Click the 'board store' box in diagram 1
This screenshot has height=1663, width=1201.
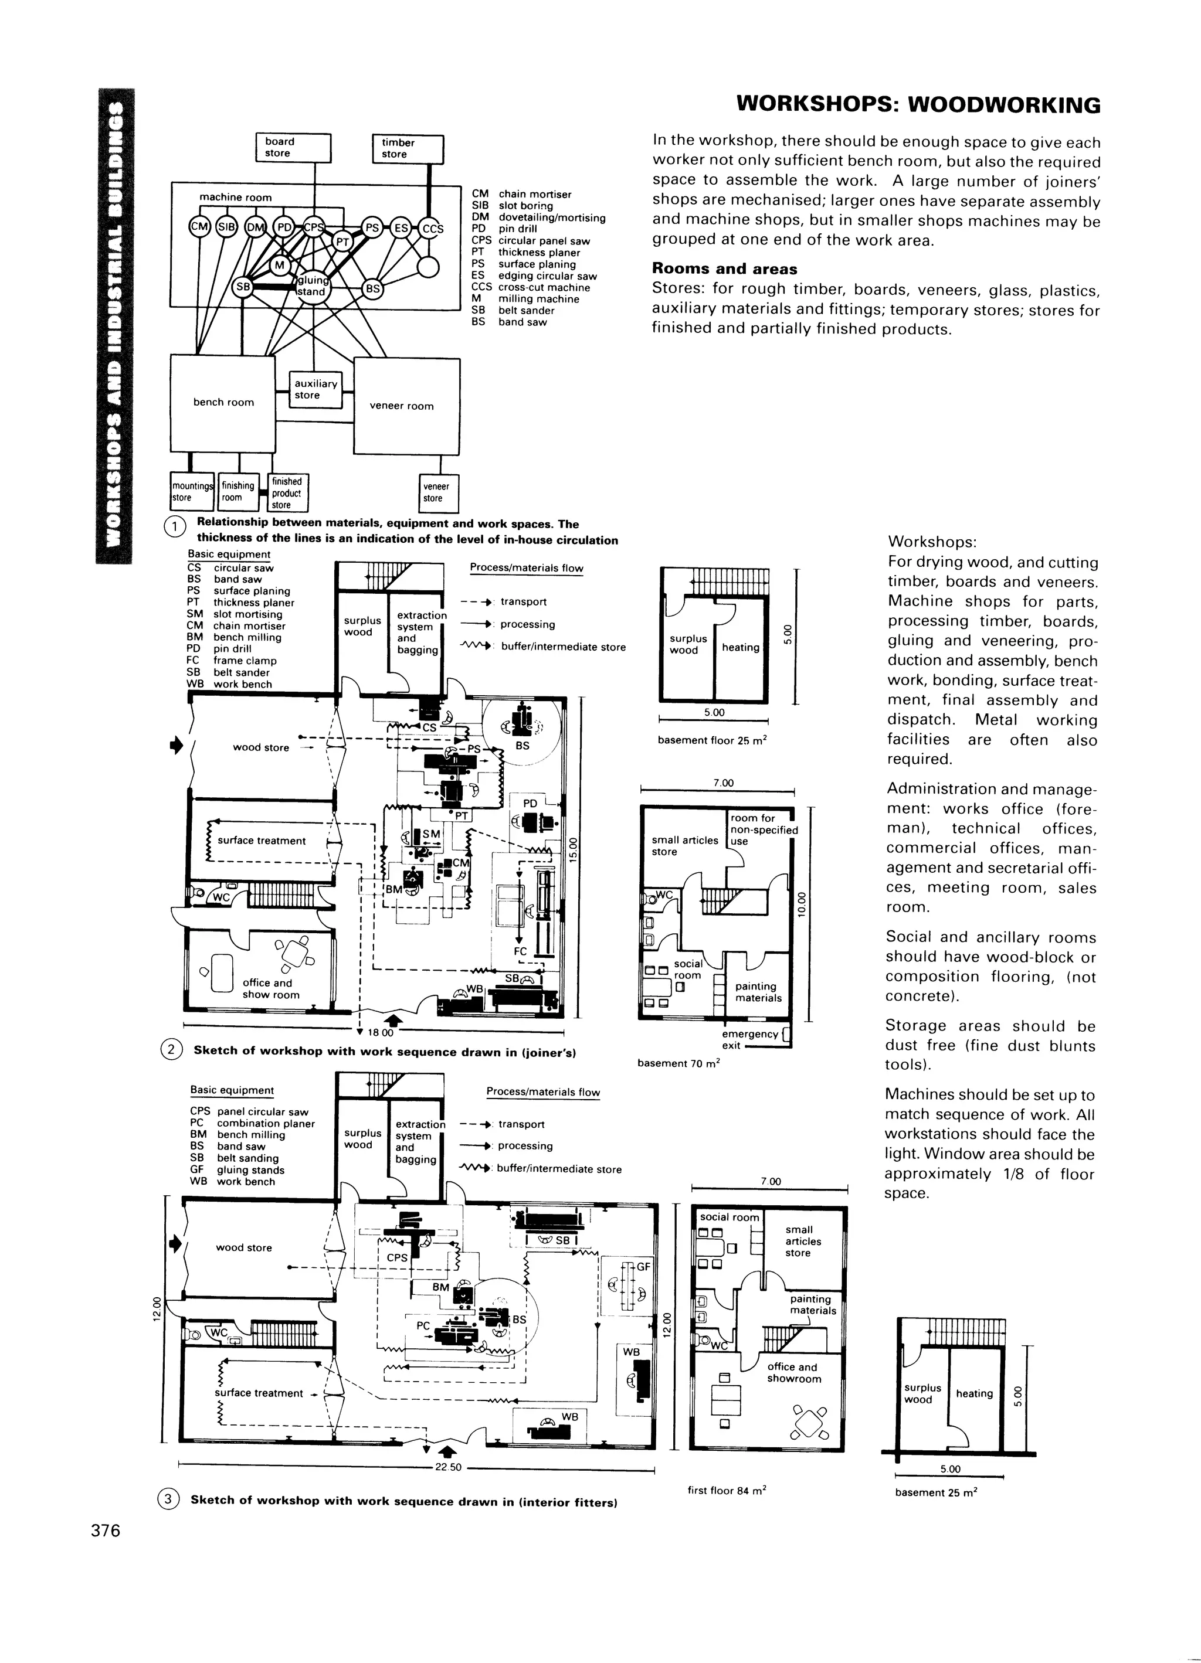click(x=293, y=147)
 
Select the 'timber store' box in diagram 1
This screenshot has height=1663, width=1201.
click(x=408, y=149)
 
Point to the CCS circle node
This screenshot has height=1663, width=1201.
click(x=432, y=229)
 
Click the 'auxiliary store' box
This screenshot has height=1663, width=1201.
click(x=315, y=389)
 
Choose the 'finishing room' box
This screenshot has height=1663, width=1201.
click(x=238, y=491)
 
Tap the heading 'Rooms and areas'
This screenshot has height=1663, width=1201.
click(x=724, y=269)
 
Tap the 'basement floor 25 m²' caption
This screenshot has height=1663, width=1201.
click(x=712, y=740)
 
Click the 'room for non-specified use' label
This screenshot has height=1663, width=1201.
click(x=763, y=830)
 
